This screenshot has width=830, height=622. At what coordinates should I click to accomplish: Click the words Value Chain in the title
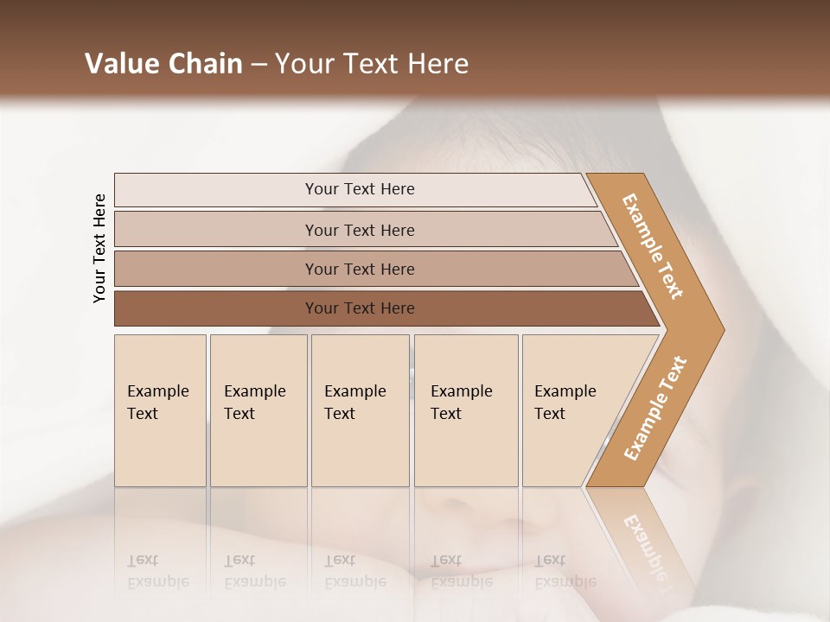[163, 64]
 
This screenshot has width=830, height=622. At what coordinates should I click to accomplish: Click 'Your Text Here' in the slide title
[372, 64]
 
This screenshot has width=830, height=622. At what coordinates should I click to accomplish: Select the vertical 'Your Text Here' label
[99, 248]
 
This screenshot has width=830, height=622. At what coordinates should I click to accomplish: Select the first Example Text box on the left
[160, 410]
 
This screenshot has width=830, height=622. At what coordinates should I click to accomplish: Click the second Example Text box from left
[259, 410]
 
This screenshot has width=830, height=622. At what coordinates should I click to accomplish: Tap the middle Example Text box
[360, 410]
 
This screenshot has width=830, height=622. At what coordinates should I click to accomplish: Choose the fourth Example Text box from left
[466, 410]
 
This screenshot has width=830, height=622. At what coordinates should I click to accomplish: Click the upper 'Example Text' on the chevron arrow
[653, 246]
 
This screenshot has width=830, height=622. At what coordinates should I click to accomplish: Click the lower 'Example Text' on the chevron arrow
[654, 409]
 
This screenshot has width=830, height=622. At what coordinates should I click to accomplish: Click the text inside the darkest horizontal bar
[360, 308]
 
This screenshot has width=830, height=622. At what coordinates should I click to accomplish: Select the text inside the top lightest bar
[360, 189]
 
